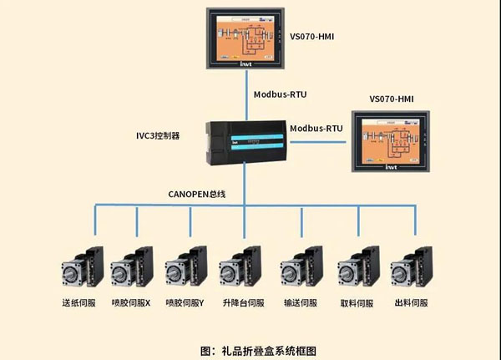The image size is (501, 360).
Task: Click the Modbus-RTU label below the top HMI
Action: (281, 94)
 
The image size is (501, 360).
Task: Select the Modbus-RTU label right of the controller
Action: (316, 129)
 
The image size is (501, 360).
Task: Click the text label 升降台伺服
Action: (243, 303)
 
